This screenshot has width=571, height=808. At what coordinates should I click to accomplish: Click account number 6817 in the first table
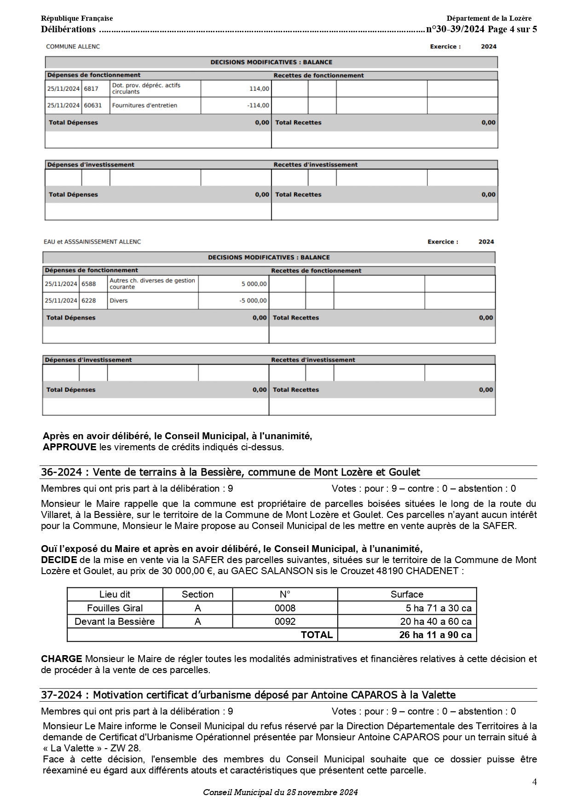(91, 89)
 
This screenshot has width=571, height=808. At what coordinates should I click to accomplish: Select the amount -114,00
(258, 105)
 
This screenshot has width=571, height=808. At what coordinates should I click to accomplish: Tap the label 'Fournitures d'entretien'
(144, 105)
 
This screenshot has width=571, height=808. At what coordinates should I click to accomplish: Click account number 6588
(89, 284)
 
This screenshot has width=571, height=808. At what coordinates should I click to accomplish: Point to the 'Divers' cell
(119, 301)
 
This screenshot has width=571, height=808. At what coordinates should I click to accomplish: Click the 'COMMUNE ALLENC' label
(73, 47)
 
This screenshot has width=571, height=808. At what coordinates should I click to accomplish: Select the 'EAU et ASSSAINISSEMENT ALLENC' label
(92, 242)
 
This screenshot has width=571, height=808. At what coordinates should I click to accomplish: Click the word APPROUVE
(69, 447)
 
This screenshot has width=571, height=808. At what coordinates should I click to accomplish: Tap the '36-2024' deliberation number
(61, 472)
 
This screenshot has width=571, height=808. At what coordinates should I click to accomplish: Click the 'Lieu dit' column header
(115, 594)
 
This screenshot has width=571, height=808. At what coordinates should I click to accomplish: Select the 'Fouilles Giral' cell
(115, 608)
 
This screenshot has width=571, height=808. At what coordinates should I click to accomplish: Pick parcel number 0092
(285, 622)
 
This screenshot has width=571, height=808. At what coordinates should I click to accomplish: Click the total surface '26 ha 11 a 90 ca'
(435, 635)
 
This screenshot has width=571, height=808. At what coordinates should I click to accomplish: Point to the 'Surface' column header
(407, 594)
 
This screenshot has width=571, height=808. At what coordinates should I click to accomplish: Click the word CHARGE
(61, 659)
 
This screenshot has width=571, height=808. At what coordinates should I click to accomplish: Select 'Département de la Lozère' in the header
(489, 18)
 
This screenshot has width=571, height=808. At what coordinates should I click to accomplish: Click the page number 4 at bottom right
(534, 782)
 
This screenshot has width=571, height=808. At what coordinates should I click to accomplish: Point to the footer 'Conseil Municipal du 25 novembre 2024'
(280, 792)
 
